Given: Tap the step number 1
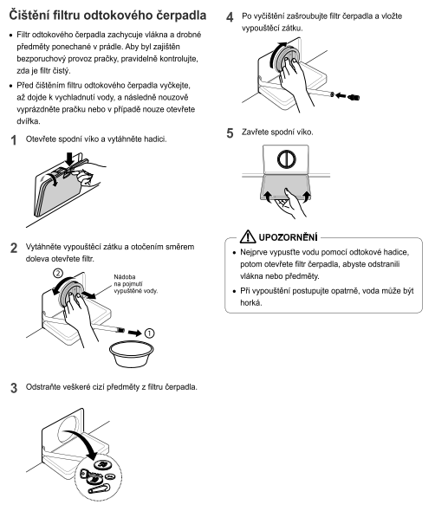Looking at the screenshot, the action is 13,140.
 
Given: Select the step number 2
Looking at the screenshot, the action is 14,248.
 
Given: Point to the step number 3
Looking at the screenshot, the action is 14,388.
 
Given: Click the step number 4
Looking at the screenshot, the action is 230,17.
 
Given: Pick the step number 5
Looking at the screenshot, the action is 230,133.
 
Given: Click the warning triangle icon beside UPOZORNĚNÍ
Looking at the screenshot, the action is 248,236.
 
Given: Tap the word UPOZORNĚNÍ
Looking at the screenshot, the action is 288,237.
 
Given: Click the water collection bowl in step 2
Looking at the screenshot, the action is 132,354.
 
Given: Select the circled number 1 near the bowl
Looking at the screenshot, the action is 149,333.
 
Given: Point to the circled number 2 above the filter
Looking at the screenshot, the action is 58,273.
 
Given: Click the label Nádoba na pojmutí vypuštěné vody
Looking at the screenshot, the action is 136,284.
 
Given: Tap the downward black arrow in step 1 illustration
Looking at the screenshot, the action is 70,159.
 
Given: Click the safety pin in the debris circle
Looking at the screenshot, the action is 99,488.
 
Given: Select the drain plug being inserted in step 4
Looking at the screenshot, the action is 354,97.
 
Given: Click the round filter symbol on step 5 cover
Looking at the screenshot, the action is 287,159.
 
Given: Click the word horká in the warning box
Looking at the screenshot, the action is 251,303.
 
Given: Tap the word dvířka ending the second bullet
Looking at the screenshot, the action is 29,121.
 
